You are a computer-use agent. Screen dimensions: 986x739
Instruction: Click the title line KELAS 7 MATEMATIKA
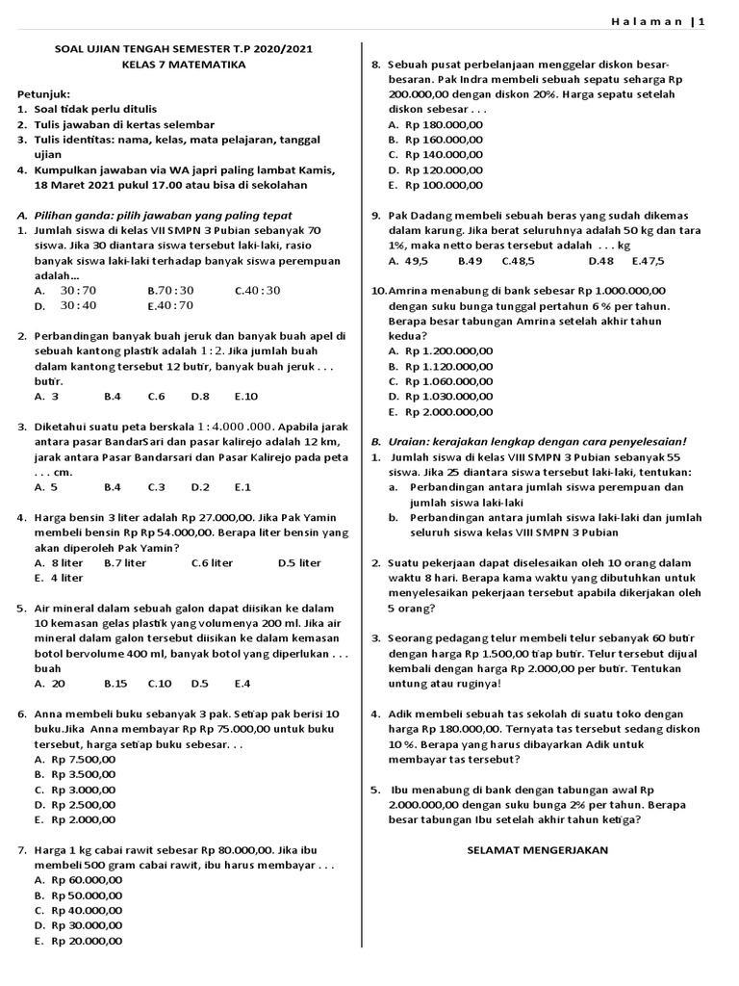click(184, 65)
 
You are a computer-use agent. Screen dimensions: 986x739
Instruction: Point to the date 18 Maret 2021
click(80, 185)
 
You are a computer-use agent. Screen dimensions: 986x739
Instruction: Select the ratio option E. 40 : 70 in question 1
click(170, 305)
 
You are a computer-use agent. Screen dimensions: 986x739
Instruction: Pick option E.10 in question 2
click(246, 396)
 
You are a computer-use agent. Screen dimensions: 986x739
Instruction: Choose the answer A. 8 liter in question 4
click(60, 562)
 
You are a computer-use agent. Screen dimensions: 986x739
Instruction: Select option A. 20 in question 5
click(50, 684)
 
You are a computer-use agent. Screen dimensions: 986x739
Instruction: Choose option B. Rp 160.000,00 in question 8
click(435, 140)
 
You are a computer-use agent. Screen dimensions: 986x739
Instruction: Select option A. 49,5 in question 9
click(408, 261)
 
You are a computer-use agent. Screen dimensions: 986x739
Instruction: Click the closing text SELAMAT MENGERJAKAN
click(538, 850)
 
